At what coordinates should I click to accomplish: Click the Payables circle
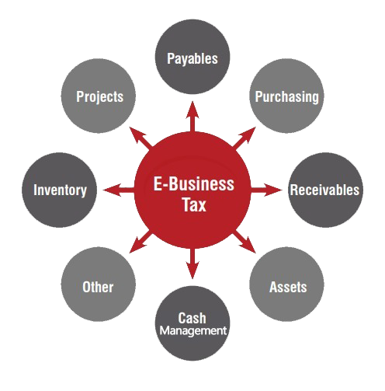192,57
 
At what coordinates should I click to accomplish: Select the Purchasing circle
286,96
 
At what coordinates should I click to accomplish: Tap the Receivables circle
325,190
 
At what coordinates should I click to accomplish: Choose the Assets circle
286,285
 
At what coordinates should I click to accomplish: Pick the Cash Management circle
192,323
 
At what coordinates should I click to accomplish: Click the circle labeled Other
99,285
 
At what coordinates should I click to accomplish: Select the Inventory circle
59,190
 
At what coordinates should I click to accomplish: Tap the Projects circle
99,96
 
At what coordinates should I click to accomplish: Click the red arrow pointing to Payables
192,117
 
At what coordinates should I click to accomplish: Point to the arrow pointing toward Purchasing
244,138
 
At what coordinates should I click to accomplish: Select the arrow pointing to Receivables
266,190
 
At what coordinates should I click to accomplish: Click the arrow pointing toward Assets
244,242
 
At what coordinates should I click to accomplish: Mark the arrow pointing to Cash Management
192,264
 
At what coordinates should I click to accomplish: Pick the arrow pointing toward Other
140,242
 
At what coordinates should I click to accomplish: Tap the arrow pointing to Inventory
119,190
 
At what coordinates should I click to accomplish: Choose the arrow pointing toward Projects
140,138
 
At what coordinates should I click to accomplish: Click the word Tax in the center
194,204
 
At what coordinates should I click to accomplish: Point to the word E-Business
194,183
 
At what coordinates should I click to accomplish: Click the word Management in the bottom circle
193,331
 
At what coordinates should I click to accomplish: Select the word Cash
192,318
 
